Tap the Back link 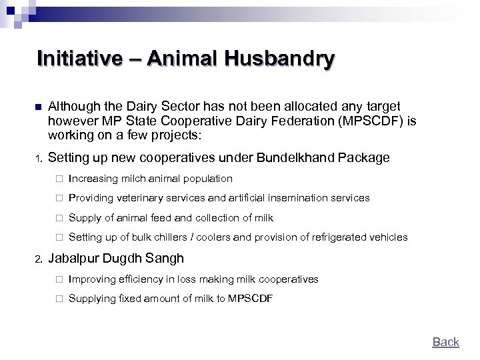tap(445, 342)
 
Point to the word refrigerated tap(347, 237)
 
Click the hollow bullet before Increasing tap(58, 179)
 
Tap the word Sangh tap(161, 259)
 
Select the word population tap(208, 179)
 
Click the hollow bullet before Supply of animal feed tap(58, 218)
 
